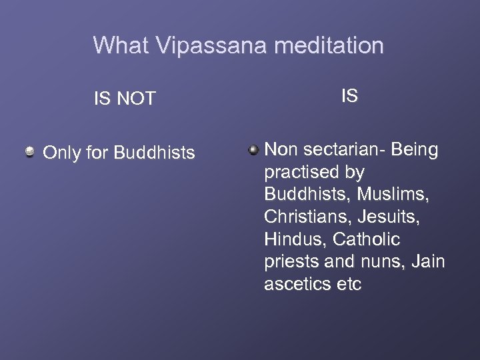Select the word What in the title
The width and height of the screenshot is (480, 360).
pyautogui.click(x=121, y=45)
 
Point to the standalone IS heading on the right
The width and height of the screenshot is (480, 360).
pyautogui.click(x=349, y=96)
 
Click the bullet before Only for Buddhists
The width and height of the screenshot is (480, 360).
pyautogui.click(x=30, y=153)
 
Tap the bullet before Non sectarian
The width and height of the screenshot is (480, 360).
pyautogui.click(x=253, y=150)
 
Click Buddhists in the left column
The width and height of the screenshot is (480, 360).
pyautogui.click(x=154, y=153)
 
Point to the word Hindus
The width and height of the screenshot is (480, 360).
pyautogui.click(x=296, y=239)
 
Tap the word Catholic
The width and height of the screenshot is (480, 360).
pyautogui.click(x=369, y=239)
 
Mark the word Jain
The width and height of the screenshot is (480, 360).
pyautogui.click(x=428, y=262)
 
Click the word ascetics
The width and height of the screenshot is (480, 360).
pyautogui.click(x=297, y=285)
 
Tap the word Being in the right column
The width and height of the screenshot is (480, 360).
pyautogui.click(x=415, y=149)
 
